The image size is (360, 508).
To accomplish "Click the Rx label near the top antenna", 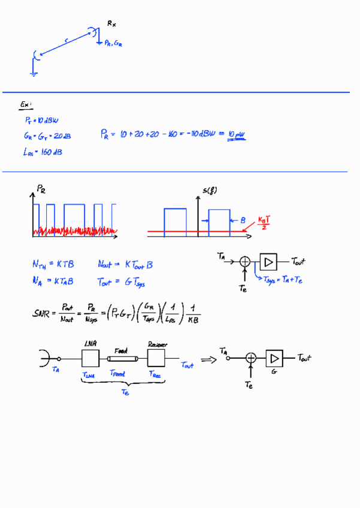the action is tap(112, 23).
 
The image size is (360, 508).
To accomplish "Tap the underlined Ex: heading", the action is tap(26, 105).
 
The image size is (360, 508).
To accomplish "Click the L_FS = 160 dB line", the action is tap(43, 152).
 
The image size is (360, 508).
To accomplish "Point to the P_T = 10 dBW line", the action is tap(42, 120).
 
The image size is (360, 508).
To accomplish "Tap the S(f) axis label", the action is tap(210, 191).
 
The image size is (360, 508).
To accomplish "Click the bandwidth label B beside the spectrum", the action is tap(243, 221).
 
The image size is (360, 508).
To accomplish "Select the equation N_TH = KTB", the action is tap(53, 264).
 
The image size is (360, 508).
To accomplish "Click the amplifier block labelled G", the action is tap(275, 358).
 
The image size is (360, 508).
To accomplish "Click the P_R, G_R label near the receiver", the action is tap(113, 43).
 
